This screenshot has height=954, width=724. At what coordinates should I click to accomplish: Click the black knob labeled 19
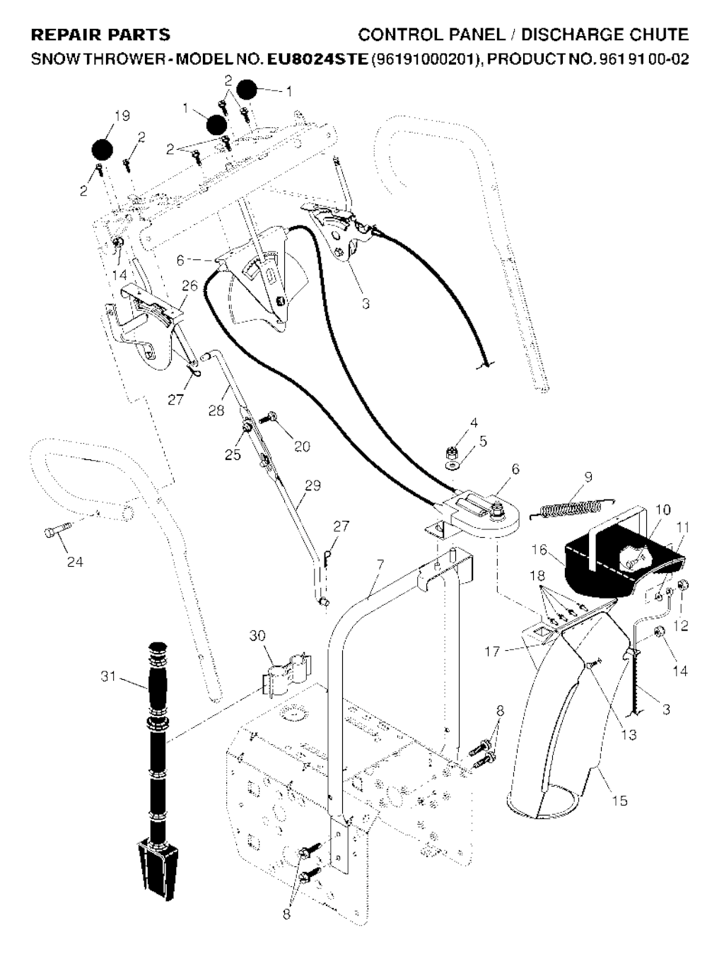coord(103,150)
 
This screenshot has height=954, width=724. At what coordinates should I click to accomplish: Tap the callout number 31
coord(107,677)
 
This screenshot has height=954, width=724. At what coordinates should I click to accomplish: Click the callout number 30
coord(257,636)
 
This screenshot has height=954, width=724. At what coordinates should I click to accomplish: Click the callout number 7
coord(380,564)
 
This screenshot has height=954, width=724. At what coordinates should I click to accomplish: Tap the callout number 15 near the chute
coord(619,801)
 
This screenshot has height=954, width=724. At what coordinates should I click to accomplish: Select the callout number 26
coord(189,285)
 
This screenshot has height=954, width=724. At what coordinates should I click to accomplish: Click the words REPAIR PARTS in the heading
coord(101,35)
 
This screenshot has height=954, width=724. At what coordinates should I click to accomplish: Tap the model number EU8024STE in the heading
coord(317,59)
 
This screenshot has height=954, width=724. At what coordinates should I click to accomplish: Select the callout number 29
coord(313,485)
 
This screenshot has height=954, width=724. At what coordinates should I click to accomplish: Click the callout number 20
coord(303,446)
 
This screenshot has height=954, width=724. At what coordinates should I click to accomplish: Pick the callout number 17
coord(492,652)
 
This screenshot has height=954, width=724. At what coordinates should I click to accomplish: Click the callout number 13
coord(629,735)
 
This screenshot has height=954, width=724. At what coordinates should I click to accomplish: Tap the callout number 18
coord(537,576)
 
